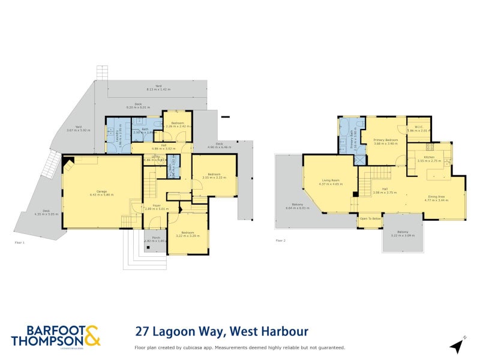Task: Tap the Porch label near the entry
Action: point(155,239)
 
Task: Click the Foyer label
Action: point(156,207)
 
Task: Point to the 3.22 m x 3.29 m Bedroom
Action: point(187,233)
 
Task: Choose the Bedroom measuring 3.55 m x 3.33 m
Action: point(214,176)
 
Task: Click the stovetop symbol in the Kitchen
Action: point(430,146)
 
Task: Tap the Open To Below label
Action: point(370,219)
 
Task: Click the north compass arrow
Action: point(458,346)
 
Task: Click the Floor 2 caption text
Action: point(280,240)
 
